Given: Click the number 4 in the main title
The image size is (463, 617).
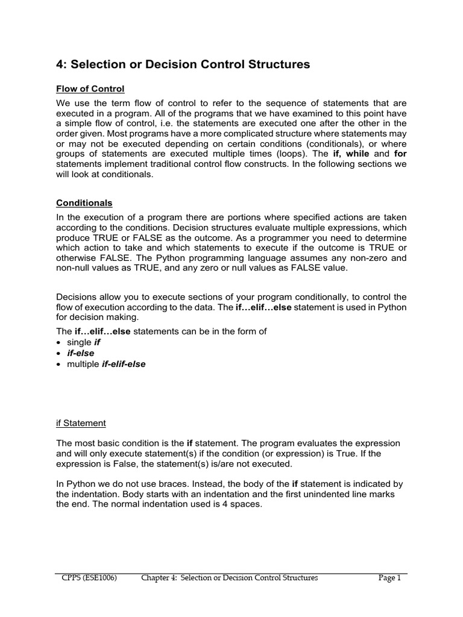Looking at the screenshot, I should (60, 64).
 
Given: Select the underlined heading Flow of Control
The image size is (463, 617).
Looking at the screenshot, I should (90, 89).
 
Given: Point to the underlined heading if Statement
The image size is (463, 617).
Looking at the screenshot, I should (81, 423).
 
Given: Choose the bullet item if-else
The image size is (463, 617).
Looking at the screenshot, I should (80, 353).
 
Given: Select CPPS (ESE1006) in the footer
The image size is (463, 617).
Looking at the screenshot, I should (89, 578).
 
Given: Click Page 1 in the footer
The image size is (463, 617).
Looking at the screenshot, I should (389, 578).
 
